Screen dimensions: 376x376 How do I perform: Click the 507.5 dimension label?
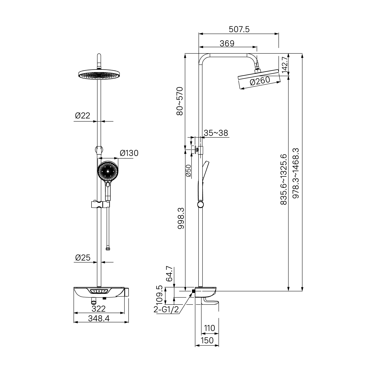click(x=239, y=30)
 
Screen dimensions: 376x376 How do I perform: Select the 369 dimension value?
click(x=227, y=43)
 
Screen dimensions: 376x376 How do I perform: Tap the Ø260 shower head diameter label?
click(x=260, y=81)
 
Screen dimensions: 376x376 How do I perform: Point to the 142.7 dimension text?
click(x=285, y=65)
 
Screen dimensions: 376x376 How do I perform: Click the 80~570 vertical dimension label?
click(x=180, y=101)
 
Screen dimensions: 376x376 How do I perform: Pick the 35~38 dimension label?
click(x=216, y=133)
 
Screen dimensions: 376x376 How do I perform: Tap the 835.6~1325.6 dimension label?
click(x=284, y=179)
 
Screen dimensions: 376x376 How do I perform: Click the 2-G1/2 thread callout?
click(x=166, y=310)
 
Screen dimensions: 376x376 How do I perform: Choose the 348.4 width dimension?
click(x=99, y=318)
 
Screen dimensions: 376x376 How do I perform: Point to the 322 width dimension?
click(x=99, y=308)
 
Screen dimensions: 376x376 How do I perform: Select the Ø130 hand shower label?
click(x=129, y=153)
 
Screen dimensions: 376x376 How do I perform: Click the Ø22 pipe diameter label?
click(x=82, y=116)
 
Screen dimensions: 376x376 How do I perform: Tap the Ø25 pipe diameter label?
click(x=83, y=257)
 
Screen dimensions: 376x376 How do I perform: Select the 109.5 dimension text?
click(x=159, y=294)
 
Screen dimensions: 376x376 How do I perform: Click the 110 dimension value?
click(x=210, y=328)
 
